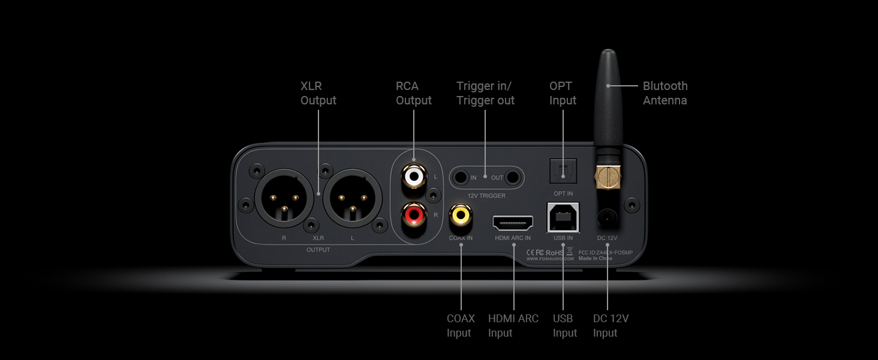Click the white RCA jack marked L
pyautogui.click(x=414, y=176)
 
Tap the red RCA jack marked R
pyautogui.click(x=414, y=213)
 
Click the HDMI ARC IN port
pyautogui.click(x=513, y=224)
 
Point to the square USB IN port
pyautogui.click(x=563, y=217)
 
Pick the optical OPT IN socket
pyautogui.click(x=563, y=172)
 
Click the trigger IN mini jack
pyautogui.click(x=461, y=178)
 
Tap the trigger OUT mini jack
pyautogui.click(x=512, y=178)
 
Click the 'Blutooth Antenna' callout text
pyautogui.click(x=665, y=93)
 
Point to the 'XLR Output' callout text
pyautogui.click(x=318, y=93)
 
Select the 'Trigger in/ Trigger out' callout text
pyautogui.click(x=485, y=93)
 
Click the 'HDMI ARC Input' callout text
pyautogui.click(x=513, y=326)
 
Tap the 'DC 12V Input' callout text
pyautogui.click(x=611, y=326)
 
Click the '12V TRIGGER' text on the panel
pyautogui.click(x=486, y=196)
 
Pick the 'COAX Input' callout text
pyautogui.click(x=460, y=326)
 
